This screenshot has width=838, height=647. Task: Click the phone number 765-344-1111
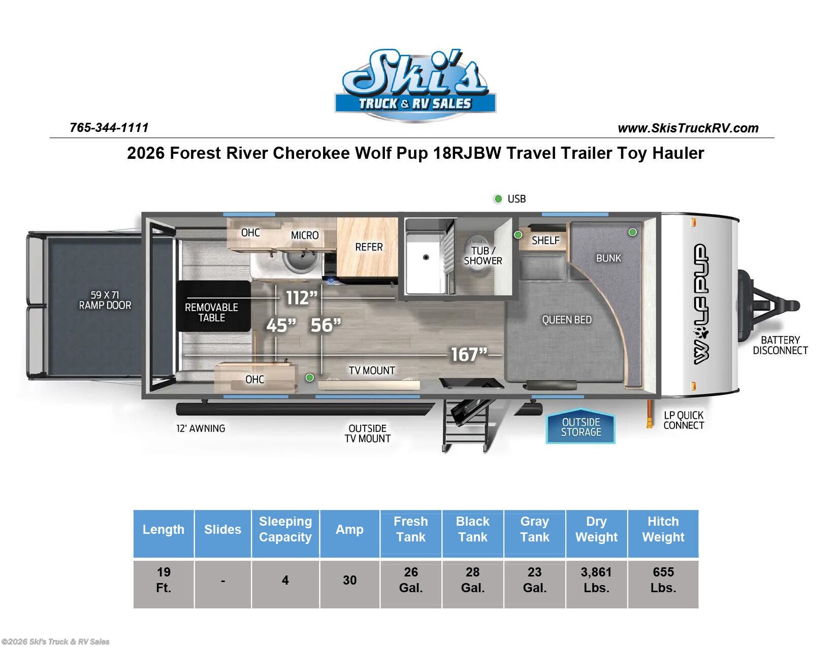109,127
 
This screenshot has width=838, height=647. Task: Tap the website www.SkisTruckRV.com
688,128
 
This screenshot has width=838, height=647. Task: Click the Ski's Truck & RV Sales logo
415,85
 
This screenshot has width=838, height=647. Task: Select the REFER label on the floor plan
369,247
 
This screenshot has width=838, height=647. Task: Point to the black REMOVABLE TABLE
214,306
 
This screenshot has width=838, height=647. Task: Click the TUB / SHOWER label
483,255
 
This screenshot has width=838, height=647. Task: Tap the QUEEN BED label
566,320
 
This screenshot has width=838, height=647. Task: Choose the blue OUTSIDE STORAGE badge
581,427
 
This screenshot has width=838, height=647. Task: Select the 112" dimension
301,298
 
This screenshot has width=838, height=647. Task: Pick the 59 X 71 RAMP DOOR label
105,300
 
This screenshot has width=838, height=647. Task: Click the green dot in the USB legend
498,199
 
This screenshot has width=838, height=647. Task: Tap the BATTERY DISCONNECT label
780,345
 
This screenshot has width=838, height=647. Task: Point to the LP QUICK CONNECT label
684,420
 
